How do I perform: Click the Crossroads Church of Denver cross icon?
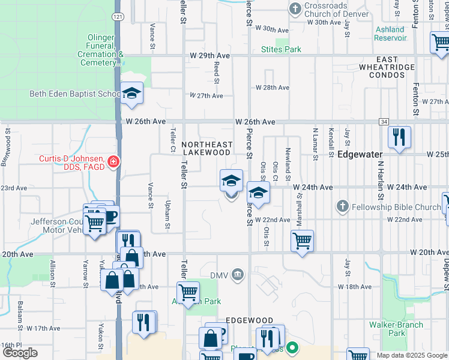[x=294, y=8]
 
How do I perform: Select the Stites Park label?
[x=281, y=49]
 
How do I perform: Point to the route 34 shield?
[x=384, y=122]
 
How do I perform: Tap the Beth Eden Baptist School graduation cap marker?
[x=131, y=94]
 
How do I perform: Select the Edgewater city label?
[x=361, y=153]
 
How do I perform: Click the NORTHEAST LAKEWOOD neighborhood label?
[x=206, y=148]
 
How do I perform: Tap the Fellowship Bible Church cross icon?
[x=342, y=207]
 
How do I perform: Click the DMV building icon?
[x=238, y=275]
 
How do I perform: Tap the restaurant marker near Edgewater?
[x=399, y=137]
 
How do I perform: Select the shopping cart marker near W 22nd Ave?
[x=302, y=241]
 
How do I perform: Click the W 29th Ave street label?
[x=214, y=55]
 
